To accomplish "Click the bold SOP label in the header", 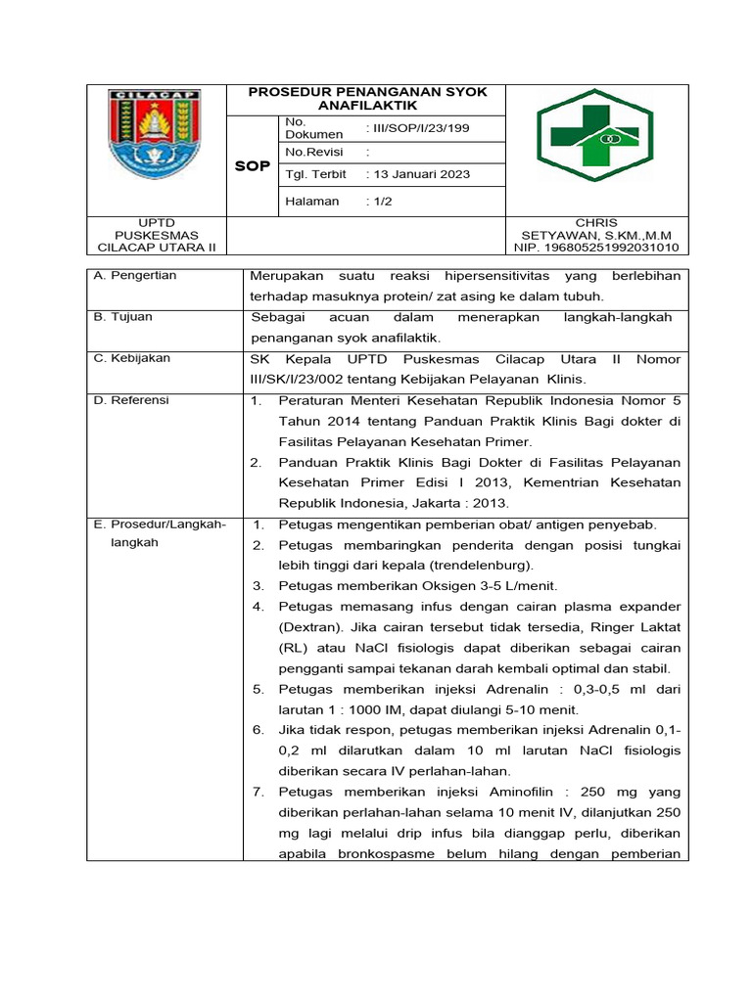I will tap(253, 166).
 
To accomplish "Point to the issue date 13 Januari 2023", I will tap(417, 174).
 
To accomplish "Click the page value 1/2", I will tap(380, 201).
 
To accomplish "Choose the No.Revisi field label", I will tap(308, 152).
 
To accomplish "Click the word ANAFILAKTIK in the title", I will tap(367, 105).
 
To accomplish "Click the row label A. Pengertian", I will tap(135, 276).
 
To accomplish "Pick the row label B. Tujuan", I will tap(123, 317).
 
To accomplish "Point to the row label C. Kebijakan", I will tap(132, 358).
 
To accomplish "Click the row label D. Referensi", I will tap(132, 400).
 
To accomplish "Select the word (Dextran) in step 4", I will tap(311, 627).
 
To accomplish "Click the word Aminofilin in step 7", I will tap(522, 792).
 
